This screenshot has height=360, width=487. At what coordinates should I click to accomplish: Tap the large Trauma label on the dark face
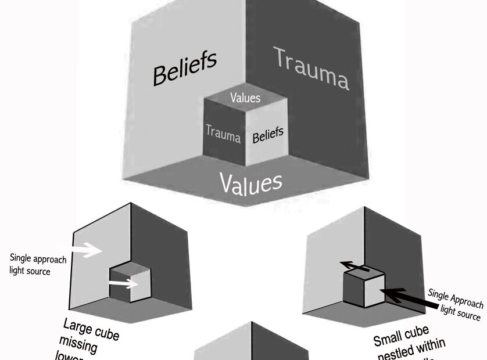click(x=311, y=69)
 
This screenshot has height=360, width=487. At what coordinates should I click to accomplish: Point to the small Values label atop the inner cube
click(x=245, y=98)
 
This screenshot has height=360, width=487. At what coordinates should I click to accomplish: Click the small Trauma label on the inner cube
click(x=223, y=134)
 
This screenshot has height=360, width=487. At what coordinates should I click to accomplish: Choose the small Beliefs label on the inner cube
click(x=268, y=135)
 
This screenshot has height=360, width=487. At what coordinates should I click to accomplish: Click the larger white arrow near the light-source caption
click(x=85, y=250)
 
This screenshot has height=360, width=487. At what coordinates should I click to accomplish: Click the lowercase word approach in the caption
click(x=49, y=259)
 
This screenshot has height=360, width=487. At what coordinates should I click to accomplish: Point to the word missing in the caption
click(x=77, y=341)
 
